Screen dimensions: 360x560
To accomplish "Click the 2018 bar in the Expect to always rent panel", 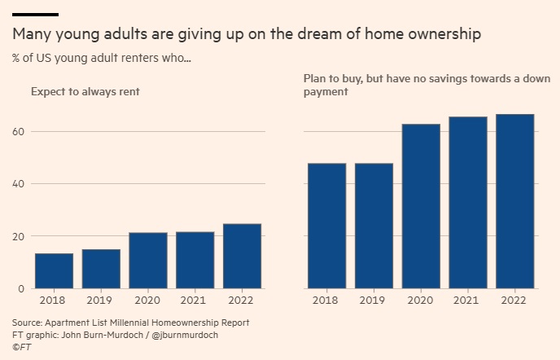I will (54, 271).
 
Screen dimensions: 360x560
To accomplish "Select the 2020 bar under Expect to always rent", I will (147, 261).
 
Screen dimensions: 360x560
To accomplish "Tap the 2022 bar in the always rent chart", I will (242, 256).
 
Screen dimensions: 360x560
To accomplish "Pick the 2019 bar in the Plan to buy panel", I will (373, 226).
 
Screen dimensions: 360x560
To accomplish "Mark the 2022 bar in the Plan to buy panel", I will (514, 201).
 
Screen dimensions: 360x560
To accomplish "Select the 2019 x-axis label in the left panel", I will (101, 301).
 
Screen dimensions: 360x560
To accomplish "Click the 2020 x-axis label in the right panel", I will (420, 301).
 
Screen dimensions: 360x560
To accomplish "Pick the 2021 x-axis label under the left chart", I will (195, 301).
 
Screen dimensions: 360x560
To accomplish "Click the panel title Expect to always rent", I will (85, 92).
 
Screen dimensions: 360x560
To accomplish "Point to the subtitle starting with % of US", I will (102, 59).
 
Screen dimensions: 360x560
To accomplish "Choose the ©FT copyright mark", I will (20, 346).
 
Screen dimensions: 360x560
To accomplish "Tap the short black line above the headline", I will (35, 15).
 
